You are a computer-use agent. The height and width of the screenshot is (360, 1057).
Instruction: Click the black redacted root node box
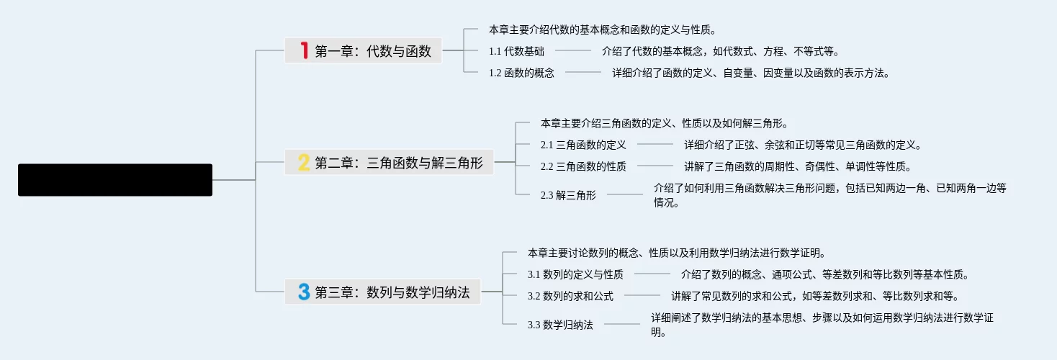pyautogui.click(x=115, y=180)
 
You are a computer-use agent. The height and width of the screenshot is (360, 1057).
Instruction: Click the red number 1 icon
pyautogui.click(x=304, y=50)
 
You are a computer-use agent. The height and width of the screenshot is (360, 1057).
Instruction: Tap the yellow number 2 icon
pyautogui.click(x=304, y=162)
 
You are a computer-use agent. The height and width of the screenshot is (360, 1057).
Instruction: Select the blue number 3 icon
pyautogui.click(x=304, y=292)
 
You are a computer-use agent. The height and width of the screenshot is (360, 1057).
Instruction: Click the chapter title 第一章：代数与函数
pyautogui.click(x=373, y=51)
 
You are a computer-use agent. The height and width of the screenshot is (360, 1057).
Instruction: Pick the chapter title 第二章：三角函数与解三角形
pyautogui.click(x=399, y=163)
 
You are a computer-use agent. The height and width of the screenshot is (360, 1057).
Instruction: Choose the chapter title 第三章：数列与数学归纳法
pyautogui.click(x=392, y=292)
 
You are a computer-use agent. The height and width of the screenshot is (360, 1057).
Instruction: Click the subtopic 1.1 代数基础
pyautogui.click(x=516, y=51)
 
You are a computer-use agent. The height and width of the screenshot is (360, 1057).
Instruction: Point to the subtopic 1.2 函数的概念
pyautogui.click(x=521, y=73)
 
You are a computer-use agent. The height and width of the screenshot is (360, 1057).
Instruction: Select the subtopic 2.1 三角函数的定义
pyautogui.click(x=583, y=145)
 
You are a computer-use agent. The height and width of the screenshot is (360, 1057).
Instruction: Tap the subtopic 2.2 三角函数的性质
pyautogui.click(x=583, y=166)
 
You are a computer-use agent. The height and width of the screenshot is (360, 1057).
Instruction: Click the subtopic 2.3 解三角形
pyautogui.click(x=568, y=194)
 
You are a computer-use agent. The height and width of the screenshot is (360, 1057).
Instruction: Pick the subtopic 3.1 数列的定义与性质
pyautogui.click(x=575, y=274)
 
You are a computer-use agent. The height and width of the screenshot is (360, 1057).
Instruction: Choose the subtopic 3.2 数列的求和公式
pyautogui.click(x=570, y=296)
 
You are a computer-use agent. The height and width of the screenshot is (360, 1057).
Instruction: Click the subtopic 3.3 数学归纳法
pyautogui.click(x=560, y=325)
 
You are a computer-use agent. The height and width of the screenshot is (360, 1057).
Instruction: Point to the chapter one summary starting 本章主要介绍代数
pyautogui.click(x=602, y=30)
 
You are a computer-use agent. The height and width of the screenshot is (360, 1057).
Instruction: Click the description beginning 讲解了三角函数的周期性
pyautogui.click(x=797, y=166)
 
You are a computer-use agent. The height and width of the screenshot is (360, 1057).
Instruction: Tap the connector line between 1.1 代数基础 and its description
pyautogui.click(x=572, y=51)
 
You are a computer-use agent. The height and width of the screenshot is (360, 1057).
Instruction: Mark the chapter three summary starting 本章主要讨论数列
pyautogui.click(x=675, y=253)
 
